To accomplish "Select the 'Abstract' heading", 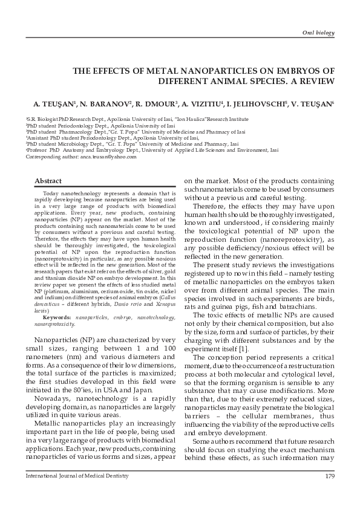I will click(x=48, y=181).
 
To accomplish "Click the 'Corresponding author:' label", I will click(x=51, y=157).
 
